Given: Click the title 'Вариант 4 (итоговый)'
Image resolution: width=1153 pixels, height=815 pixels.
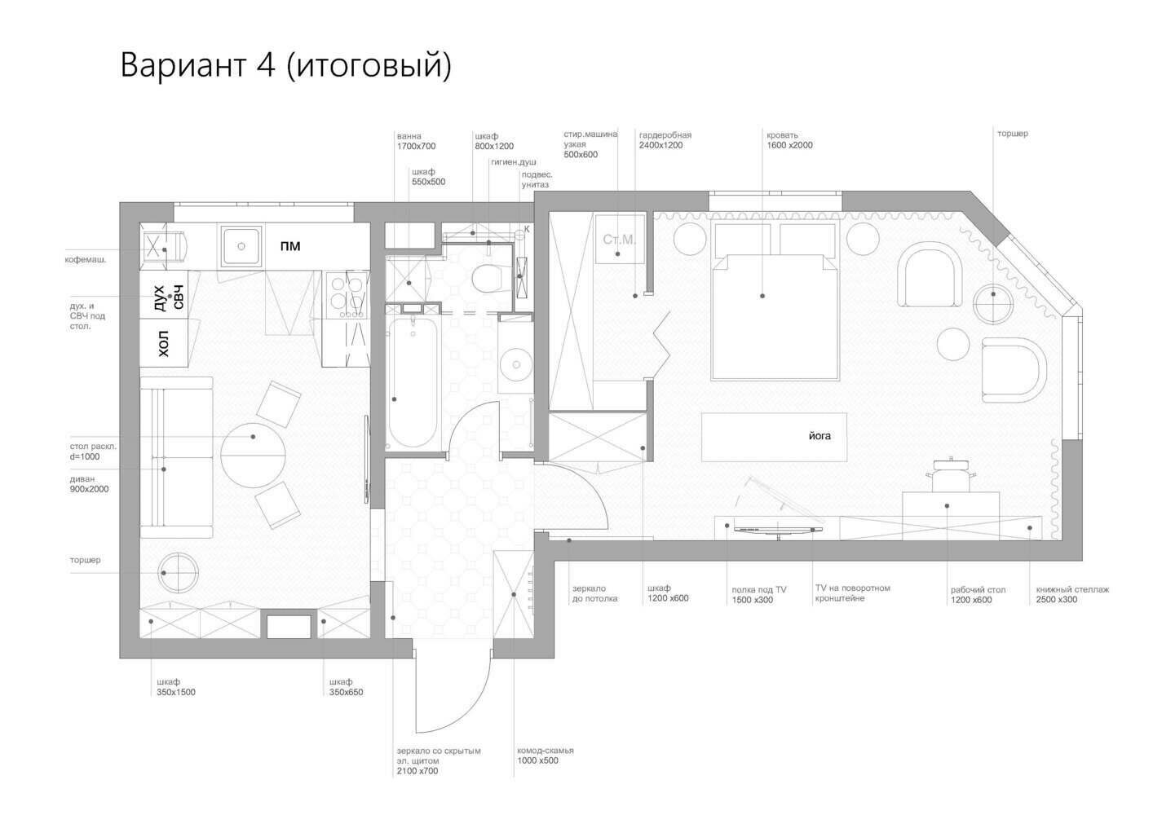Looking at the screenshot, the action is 285,65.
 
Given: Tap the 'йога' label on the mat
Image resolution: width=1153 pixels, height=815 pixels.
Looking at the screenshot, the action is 819,436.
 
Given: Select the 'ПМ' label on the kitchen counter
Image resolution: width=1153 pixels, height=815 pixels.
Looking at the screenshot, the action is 290,246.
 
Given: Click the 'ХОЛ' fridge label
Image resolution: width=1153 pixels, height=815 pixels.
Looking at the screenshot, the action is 164,344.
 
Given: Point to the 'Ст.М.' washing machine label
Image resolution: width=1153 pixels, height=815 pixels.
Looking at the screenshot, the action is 619,240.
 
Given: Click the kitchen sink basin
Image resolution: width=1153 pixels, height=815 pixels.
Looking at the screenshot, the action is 241,246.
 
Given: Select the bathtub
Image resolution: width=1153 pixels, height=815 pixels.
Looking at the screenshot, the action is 413,381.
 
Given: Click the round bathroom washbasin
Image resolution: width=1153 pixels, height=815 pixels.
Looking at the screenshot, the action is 516,365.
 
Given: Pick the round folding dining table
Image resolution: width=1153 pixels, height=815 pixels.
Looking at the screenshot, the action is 253,456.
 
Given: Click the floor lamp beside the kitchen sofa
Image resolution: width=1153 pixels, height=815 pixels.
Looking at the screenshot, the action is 178,573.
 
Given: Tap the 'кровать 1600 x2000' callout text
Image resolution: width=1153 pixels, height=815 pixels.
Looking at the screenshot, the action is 789,140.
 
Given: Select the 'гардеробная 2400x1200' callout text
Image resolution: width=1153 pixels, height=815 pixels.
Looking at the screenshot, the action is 665,140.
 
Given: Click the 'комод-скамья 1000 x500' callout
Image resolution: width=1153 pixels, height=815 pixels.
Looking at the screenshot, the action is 545,756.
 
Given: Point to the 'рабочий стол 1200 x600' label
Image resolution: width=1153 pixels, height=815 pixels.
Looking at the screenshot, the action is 978,595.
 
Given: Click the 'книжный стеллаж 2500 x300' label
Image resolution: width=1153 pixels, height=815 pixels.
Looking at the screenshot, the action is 1073,594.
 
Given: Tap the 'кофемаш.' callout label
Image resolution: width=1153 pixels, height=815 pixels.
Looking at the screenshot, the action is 86,260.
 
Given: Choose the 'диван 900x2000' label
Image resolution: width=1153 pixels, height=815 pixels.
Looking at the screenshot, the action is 90,484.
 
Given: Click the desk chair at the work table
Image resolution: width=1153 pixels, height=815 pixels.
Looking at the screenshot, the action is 950,474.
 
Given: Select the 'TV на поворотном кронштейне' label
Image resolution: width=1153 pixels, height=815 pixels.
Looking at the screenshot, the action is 852,593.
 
